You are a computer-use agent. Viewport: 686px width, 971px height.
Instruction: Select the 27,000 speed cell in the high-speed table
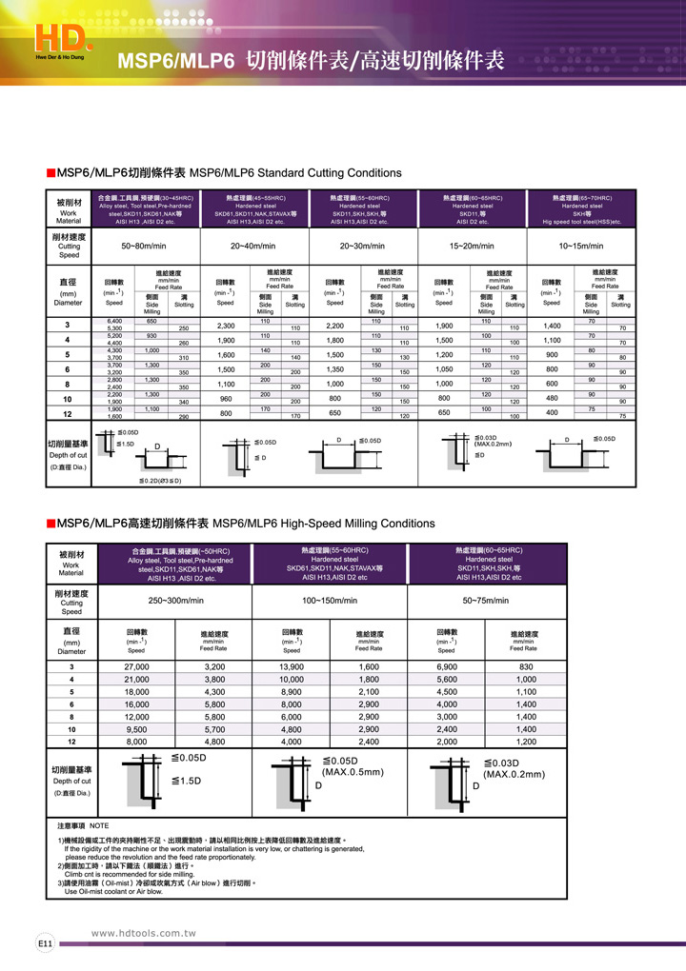point(136,667)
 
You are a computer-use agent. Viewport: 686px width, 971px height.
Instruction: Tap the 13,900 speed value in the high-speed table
point(292,667)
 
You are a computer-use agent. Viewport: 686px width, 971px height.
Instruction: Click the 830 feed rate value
point(526,667)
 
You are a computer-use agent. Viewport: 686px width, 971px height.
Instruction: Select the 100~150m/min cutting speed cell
point(328,601)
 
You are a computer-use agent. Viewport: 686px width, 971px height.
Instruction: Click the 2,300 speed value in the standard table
point(226,326)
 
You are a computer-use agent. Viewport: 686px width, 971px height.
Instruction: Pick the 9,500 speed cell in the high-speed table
point(136,727)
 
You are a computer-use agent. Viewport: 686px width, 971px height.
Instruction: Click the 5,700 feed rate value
point(213,727)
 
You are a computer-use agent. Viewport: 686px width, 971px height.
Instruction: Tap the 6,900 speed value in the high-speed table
point(446,667)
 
